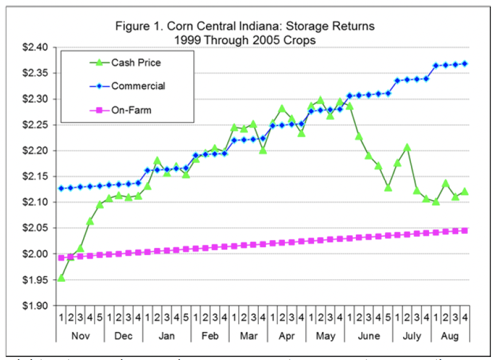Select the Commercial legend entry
[138, 86]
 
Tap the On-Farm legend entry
[131, 111]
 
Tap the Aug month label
[450, 336]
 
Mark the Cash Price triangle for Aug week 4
[465, 192]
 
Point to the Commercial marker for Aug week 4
[465, 63]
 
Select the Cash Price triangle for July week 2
[407, 147]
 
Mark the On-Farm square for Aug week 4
[465, 230]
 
